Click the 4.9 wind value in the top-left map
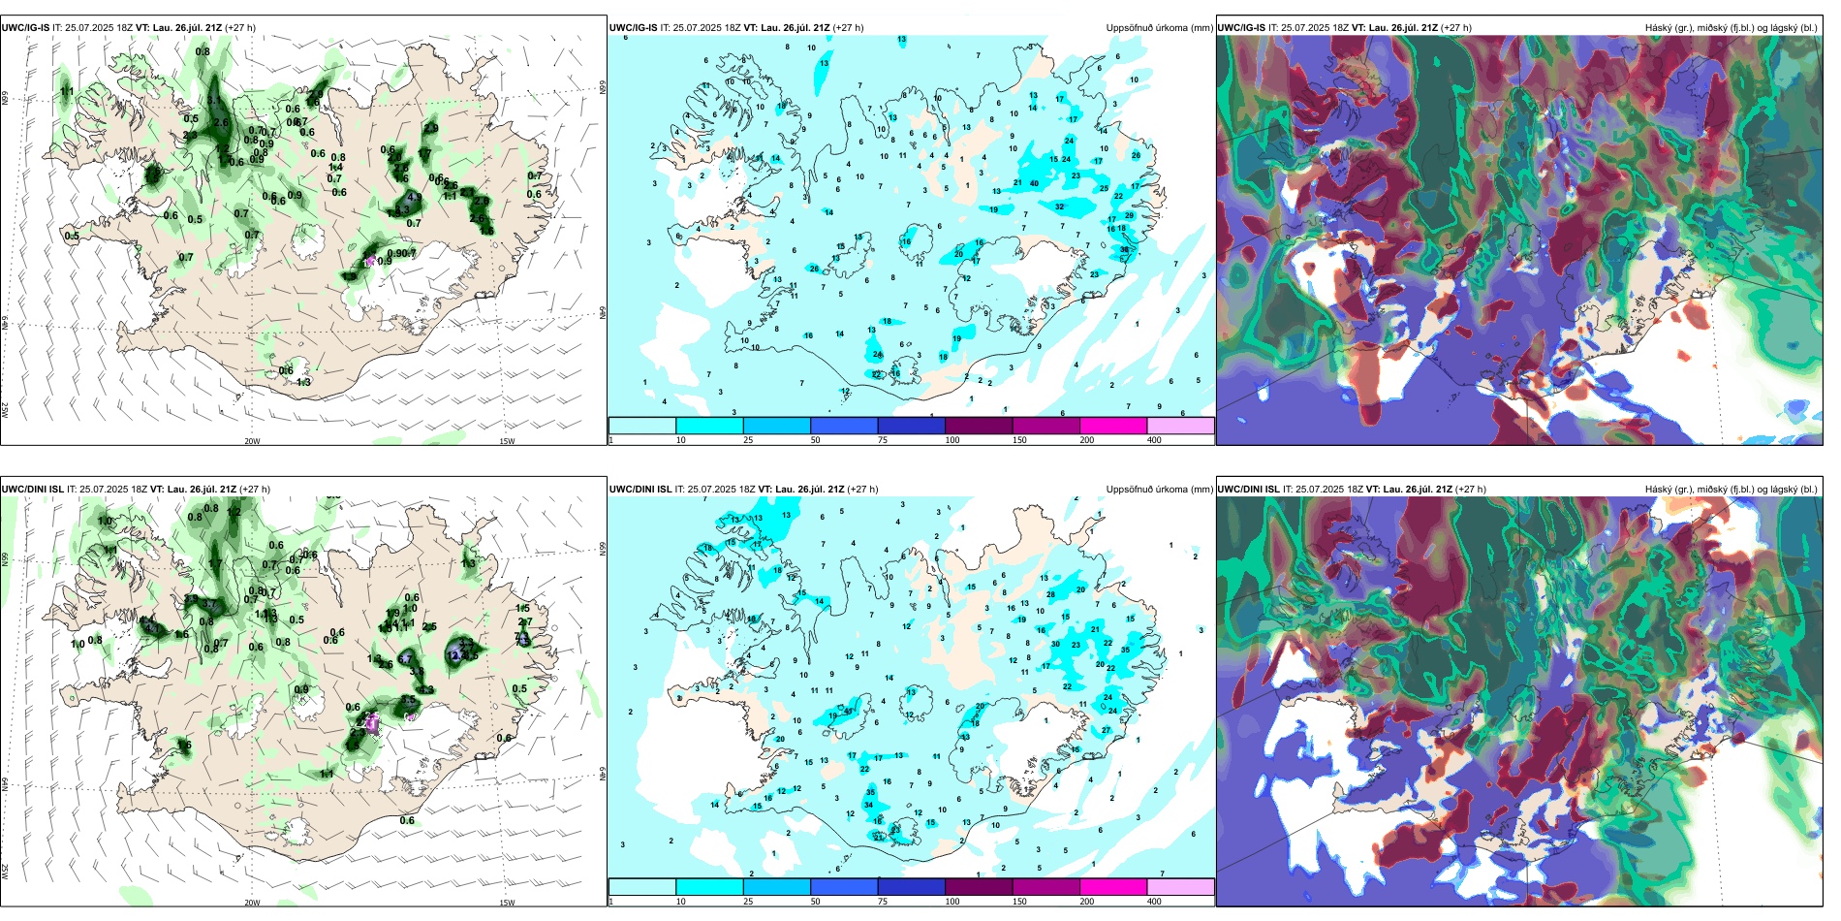click(x=415, y=197)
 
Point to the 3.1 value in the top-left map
click(x=213, y=100)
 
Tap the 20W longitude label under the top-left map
click(x=252, y=441)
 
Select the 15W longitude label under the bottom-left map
click(x=507, y=903)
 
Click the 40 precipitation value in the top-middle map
click(x=1034, y=183)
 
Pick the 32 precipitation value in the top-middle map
click(x=1059, y=206)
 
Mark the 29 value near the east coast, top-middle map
click(x=1129, y=215)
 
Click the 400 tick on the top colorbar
click(x=1154, y=440)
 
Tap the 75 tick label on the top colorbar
click(x=883, y=440)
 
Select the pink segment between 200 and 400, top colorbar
click(x=1180, y=426)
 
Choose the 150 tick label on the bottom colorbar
click(x=1018, y=902)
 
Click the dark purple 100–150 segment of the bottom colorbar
click(x=978, y=887)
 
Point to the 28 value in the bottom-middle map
click(x=1050, y=594)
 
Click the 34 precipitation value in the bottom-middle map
click(x=869, y=805)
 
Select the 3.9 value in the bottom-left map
click(x=417, y=671)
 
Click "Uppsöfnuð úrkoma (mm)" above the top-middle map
click(x=1159, y=28)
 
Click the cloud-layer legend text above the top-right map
click(x=1731, y=28)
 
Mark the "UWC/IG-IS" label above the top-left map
click(x=25, y=28)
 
